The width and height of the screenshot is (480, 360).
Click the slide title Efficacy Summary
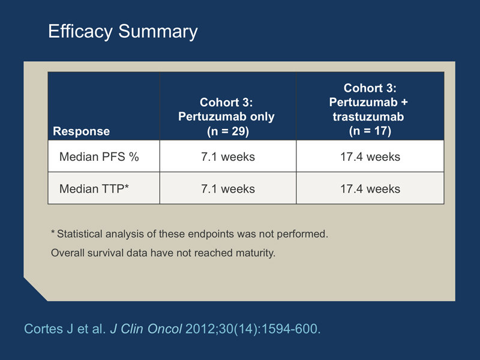tap(123, 32)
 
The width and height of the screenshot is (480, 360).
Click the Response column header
tap(81, 131)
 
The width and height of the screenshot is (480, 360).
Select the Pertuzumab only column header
tap(226, 116)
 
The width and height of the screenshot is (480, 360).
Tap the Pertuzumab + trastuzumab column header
tap(368, 109)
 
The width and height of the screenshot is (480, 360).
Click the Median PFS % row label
tap(99, 157)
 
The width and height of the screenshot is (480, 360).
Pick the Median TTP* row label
tap(94, 189)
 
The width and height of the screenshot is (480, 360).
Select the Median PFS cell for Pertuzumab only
tap(228, 157)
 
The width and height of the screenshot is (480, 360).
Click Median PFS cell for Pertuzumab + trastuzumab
tap(370, 157)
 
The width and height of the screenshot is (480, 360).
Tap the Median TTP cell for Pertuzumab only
tap(228, 189)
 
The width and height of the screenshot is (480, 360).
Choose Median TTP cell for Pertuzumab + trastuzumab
tap(370, 189)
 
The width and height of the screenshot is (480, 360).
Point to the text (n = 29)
tap(228, 131)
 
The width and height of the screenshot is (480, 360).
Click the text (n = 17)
tap(370, 131)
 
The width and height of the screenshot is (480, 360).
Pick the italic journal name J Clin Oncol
tap(146, 329)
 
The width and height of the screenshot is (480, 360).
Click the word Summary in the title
tap(158, 32)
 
